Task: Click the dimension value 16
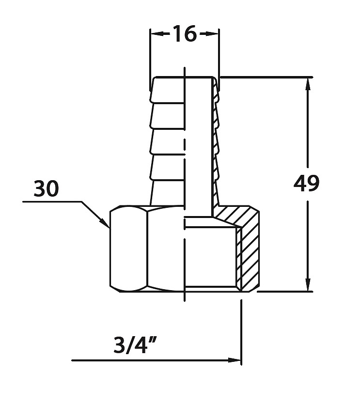[185, 34]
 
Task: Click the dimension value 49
[306, 184]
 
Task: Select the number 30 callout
[47, 188]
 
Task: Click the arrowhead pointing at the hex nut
[105, 223]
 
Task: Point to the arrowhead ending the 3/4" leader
[235, 360]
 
